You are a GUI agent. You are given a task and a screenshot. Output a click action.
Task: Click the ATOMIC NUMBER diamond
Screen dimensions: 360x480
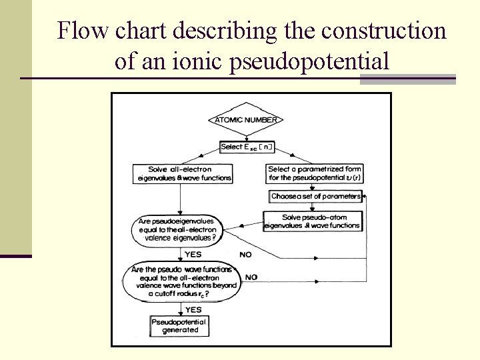[247, 120]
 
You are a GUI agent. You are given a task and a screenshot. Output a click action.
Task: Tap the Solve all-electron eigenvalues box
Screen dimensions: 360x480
[181, 173]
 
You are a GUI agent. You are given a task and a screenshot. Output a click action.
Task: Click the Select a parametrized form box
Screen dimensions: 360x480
[314, 173]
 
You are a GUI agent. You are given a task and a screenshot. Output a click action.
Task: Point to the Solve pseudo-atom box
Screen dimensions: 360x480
[314, 221]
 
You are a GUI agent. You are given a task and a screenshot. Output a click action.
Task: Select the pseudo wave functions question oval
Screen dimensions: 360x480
[180, 280]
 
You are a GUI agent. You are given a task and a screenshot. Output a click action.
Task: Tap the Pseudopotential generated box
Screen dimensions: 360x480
[180, 326]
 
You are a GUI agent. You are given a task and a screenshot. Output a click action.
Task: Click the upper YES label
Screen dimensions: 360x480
[193, 254]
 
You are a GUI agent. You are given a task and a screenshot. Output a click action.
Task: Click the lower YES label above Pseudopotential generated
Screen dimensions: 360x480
[193, 309]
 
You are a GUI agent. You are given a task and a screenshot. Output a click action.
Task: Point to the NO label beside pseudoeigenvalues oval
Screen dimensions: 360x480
[245, 255]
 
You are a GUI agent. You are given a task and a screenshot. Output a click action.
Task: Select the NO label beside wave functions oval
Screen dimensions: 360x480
[251, 277]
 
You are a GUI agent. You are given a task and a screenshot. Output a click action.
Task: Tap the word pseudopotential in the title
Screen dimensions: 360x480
[309, 62]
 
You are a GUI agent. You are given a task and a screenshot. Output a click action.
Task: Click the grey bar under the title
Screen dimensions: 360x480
[407, 79]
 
